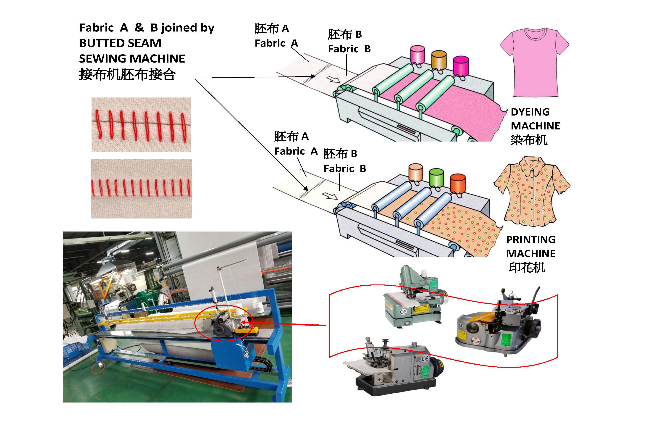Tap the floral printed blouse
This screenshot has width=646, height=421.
(x=531, y=193)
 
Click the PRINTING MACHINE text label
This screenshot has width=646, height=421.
(x=531, y=247)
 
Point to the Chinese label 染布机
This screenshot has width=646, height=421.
(x=529, y=140)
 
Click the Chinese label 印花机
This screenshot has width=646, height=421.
(x=527, y=268)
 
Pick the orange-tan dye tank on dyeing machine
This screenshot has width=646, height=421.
(x=439, y=59)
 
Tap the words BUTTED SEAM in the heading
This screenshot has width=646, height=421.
(x=120, y=43)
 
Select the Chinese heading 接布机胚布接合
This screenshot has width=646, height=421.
(x=127, y=74)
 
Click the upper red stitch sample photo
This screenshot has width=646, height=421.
(x=141, y=125)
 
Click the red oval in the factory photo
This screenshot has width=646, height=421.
(x=224, y=323)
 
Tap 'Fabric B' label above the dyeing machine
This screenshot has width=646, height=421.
(x=349, y=49)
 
